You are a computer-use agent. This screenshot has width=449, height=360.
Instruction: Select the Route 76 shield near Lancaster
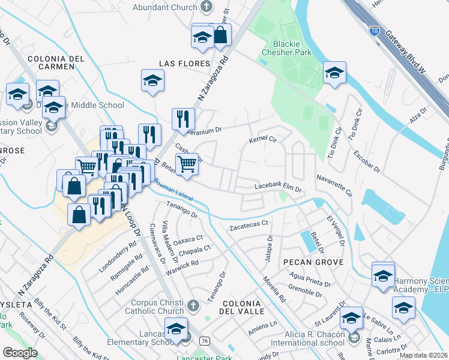click(x=205, y=341)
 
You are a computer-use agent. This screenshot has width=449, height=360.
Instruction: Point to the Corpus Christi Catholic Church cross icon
click(x=193, y=306)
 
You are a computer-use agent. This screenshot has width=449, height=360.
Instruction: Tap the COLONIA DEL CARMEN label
click(x=55, y=64)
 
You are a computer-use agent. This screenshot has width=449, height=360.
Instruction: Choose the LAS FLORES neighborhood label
click(x=184, y=64)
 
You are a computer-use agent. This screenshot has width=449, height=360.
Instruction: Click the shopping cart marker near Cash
click(x=187, y=164)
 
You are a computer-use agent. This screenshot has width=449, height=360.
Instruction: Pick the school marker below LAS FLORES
click(x=153, y=80)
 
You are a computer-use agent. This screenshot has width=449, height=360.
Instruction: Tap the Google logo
click(x=20, y=353)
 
